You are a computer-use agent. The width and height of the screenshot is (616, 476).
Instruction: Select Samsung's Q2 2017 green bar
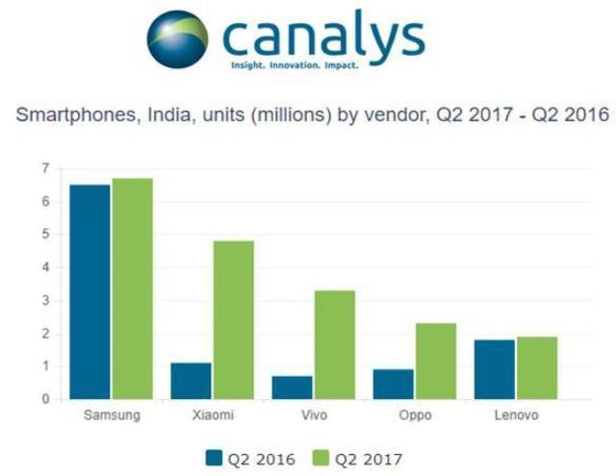point(132,288)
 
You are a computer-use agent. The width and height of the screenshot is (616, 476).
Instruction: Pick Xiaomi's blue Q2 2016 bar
point(191,381)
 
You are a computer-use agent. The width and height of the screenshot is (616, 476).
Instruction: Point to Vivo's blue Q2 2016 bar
point(292,388)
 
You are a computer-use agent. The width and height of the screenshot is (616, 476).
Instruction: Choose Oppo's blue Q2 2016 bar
point(393,384)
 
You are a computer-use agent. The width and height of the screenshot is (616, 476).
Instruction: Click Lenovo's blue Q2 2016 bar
point(494,369)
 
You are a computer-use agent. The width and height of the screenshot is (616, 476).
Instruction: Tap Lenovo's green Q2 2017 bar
point(537,367)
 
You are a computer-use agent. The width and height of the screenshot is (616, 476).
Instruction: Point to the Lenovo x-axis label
point(514,415)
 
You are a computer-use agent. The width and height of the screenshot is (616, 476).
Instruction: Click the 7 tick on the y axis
point(45,169)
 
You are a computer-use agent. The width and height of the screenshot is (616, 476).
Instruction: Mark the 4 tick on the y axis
point(45,267)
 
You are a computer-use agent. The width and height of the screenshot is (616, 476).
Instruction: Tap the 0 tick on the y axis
point(45,398)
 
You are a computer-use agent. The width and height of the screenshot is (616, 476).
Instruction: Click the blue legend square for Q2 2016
point(214,457)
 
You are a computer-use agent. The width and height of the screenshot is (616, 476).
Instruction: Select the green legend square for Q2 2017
point(321,457)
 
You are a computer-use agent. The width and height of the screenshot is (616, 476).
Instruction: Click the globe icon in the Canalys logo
point(177,39)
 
